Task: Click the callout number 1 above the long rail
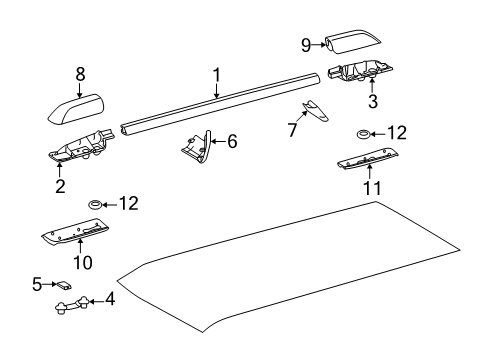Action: click(217, 75)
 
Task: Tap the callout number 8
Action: click(80, 74)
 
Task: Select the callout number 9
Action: click(306, 45)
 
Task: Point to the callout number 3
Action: click(373, 101)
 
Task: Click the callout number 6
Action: click(232, 141)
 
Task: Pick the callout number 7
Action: click(292, 130)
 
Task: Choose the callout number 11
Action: click(372, 188)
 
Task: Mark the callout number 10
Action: click(83, 263)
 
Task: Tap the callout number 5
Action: click(37, 284)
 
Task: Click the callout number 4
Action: click(110, 299)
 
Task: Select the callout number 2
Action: click(60, 187)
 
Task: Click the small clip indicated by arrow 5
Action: click(64, 286)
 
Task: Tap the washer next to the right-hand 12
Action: click(363, 134)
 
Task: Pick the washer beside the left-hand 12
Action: click(95, 204)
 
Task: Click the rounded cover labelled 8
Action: click(76, 109)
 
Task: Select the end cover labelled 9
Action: click(353, 41)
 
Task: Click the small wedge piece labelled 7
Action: click(315, 110)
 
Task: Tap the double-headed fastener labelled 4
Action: click(72, 305)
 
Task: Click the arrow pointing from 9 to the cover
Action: click(319, 45)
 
